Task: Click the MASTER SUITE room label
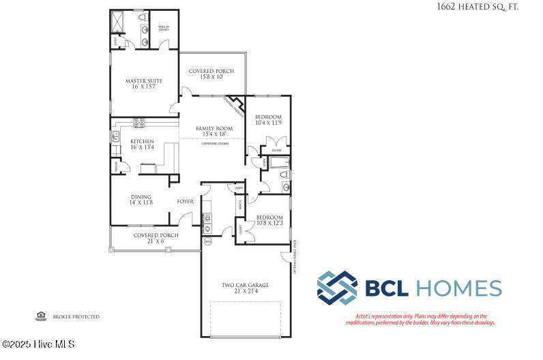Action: tap(141, 81)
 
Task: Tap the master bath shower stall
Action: tap(119, 22)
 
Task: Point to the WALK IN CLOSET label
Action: tap(164, 29)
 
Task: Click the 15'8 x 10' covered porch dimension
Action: tap(211, 78)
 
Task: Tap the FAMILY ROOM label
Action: tap(214, 128)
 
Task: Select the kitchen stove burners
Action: tap(139, 123)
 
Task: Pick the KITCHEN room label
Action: tap(143, 141)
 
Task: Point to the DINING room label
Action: tap(141, 197)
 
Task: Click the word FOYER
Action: tap(185, 202)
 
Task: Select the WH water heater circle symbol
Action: tap(208, 241)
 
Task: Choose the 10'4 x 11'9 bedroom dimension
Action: tap(267, 123)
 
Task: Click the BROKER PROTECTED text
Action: tap(76, 317)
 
